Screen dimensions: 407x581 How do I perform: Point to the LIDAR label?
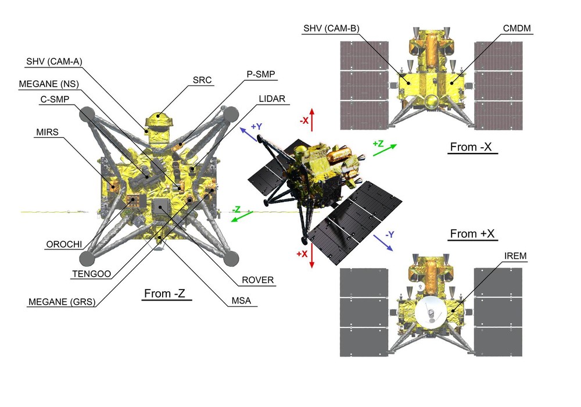[272, 99]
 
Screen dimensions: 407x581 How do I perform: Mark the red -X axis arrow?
[312, 119]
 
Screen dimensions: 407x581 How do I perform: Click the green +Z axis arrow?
[385, 149]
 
